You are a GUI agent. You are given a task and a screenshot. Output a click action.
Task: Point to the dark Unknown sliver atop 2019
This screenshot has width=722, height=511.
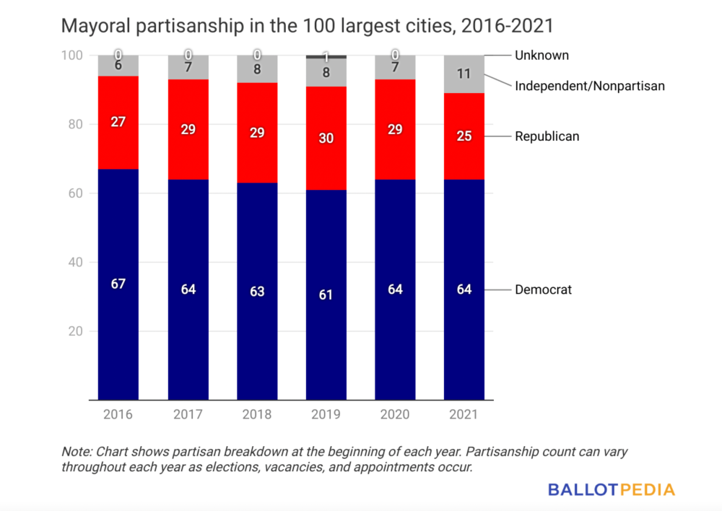(326, 56)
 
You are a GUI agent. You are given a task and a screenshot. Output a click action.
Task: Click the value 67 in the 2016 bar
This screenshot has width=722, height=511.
(118, 284)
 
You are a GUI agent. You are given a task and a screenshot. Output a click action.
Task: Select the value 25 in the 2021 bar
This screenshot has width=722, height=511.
(464, 136)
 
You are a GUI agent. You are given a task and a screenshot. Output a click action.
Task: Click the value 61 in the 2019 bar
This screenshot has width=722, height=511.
(326, 294)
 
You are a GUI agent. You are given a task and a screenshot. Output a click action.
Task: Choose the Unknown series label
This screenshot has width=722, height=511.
(541, 55)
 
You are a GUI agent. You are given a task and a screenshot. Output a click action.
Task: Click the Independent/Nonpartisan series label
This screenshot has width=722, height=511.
(589, 86)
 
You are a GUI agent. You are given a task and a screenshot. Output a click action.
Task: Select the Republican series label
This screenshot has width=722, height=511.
(547, 136)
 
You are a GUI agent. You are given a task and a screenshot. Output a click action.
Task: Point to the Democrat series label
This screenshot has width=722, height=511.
(543, 289)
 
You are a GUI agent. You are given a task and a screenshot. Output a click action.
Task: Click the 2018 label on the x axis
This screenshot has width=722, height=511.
(257, 415)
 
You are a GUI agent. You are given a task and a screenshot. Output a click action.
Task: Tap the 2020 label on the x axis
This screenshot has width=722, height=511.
(395, 415)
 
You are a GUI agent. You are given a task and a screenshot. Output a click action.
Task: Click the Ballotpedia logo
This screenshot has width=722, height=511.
(611, 489)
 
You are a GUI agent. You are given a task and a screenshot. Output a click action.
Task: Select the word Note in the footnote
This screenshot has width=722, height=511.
(75, 451)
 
